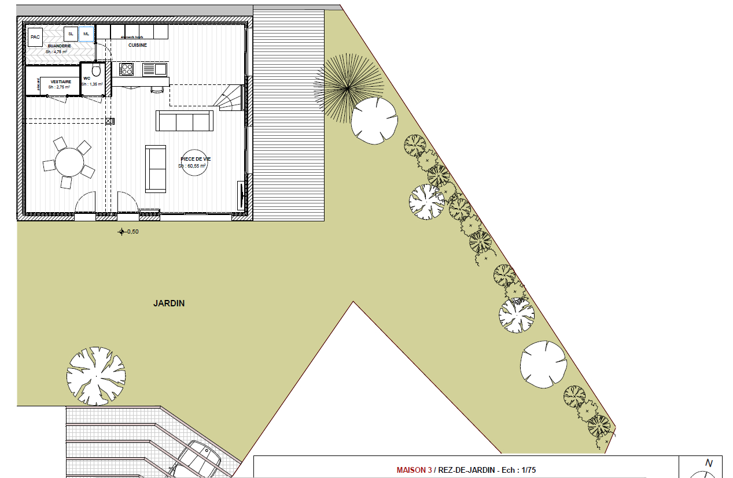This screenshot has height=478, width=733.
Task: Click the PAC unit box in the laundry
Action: point(35,37)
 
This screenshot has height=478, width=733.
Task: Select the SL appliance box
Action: point(71,34)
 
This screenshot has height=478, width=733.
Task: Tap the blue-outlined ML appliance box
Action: point(86,34)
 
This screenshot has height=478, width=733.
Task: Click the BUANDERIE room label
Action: point(60,46)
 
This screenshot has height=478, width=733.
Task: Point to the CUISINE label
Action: point(138,45)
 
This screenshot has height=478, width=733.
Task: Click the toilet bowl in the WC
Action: point(97,71)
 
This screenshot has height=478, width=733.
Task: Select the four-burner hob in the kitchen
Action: point(127,69)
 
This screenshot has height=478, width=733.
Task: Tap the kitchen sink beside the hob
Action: point(154,69)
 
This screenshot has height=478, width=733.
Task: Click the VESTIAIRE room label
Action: point(61,82)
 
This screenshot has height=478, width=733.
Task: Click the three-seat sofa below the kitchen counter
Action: point(185,121)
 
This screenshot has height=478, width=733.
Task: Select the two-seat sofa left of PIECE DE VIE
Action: point(155,168)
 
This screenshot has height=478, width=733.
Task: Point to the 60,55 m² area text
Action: point(192,165)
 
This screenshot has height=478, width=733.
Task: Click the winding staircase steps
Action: point(230,98)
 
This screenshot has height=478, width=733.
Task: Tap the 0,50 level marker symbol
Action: point(121,232)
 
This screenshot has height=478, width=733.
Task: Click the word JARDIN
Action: point(169,303)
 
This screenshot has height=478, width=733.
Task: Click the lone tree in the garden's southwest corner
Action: point(96,376)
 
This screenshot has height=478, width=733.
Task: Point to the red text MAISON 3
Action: point(414,470)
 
